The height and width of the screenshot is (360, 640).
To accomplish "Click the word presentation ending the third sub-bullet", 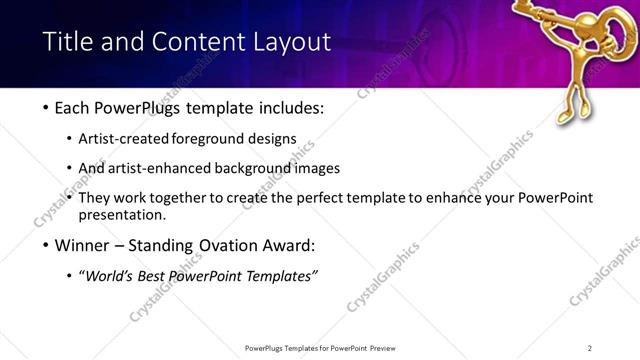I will (x=122, y=215).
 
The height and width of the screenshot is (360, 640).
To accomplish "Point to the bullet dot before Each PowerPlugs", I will (x=46, y=108).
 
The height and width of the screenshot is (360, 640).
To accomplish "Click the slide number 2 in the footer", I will (x=590, y=348).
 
